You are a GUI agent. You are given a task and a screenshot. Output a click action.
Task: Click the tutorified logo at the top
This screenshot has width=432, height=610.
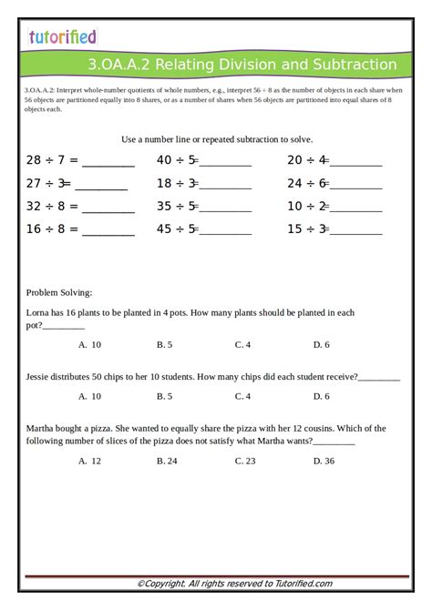point(62,36)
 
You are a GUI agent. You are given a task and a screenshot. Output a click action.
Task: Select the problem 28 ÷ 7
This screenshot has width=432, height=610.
point(52,160)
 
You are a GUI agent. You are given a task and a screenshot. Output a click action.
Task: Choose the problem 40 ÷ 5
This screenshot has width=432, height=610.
point(177,160)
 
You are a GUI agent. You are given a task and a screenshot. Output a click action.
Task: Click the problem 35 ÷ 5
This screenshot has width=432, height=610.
point(177,206)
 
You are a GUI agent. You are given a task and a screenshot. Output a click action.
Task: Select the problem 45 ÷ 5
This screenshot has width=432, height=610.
point(177,229)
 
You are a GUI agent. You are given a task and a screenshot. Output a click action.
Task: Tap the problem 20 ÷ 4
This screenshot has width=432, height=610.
point(307,160)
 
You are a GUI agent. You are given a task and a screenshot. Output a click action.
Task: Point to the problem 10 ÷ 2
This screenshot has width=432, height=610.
point(307,206)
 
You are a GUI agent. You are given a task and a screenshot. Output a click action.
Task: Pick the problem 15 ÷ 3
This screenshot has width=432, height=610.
point(307,229)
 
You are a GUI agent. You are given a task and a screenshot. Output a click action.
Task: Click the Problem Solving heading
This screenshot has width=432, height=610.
point(59,292)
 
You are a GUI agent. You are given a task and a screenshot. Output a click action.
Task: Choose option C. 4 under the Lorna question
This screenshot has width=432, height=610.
point(242,344)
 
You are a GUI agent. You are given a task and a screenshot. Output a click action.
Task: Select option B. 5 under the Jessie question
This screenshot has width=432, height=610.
point(164,396)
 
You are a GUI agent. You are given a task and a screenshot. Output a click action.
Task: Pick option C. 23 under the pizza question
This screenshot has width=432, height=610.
point(244,461)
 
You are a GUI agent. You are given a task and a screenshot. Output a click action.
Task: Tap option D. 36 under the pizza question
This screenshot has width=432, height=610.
point(324,461)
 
